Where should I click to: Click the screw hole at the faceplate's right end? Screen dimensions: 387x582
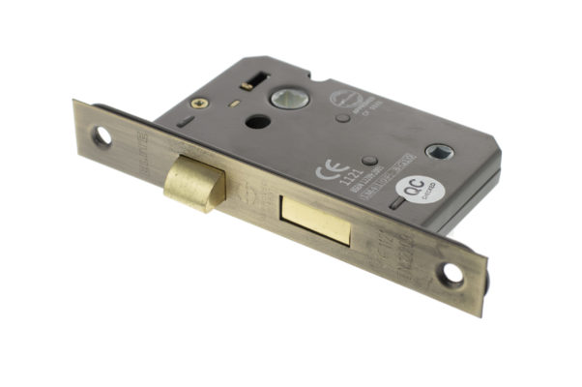point(451,275)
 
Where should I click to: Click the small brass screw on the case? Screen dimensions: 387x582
point(201,102)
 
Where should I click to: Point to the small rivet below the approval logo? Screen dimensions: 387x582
point(342,118)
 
